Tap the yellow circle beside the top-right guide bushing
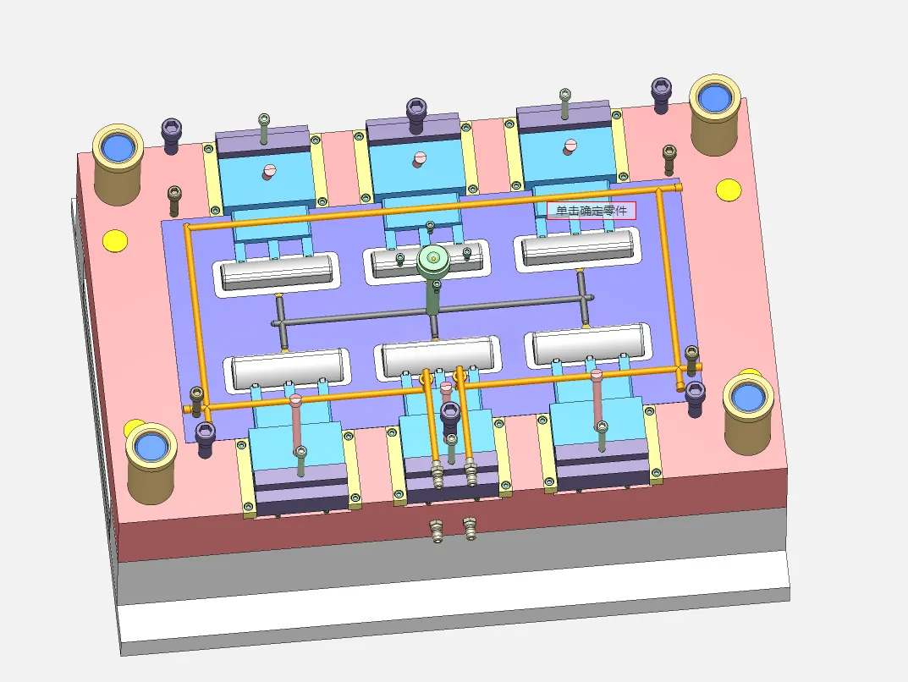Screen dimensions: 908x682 point(729,190)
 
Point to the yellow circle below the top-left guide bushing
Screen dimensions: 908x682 point(114,240)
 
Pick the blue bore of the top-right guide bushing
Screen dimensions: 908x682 point(714,97)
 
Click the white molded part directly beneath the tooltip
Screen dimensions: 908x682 point(577,247)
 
